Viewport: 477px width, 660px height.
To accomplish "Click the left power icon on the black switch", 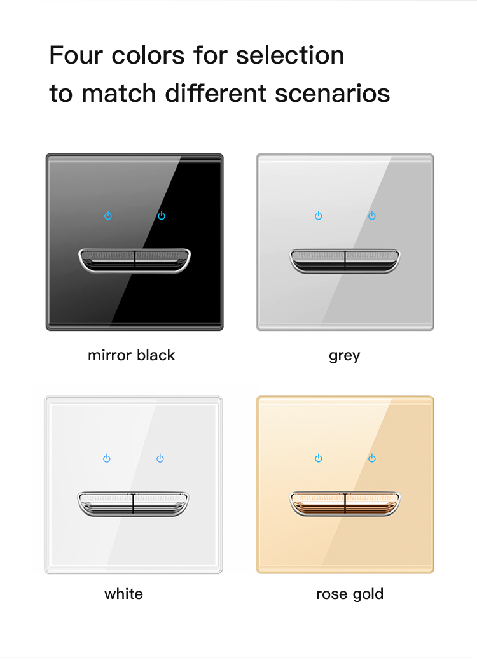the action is coord(108,216).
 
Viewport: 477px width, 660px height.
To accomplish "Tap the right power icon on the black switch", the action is coord(162,216).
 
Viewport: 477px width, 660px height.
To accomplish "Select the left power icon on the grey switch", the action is coord(319,216).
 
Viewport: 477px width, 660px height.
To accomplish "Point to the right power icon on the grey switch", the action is coord(372,216).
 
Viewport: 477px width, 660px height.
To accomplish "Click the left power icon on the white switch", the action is coord(107,458).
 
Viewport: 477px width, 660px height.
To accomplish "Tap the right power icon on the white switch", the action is coord(160,458).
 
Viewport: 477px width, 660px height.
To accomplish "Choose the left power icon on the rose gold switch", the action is coord(319,458).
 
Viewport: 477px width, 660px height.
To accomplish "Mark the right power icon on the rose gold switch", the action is coord(372,458).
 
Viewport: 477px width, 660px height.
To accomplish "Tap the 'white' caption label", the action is coord(123,594).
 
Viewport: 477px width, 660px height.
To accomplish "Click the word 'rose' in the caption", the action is coord(332,594).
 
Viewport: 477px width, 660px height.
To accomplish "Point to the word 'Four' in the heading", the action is coord(76,55).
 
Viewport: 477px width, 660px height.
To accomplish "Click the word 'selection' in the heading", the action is coord(290,55).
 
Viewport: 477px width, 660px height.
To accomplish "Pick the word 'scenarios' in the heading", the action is coord(332,93).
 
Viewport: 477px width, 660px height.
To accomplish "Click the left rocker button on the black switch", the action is coord(107,260).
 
